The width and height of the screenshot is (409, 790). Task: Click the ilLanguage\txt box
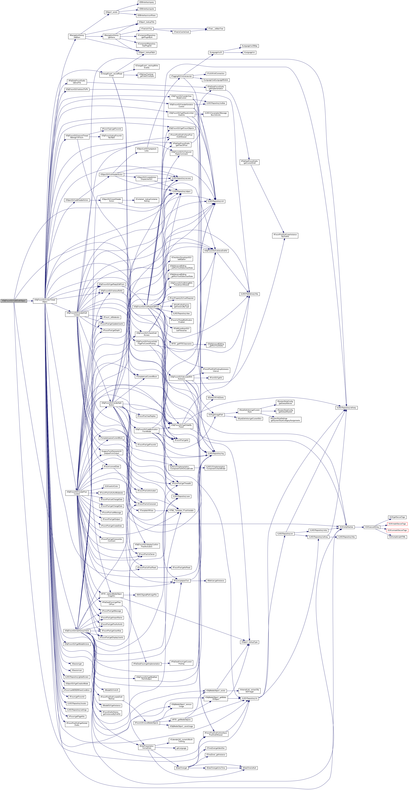click(250, 52)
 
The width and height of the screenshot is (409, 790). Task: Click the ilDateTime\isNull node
click(250, 768)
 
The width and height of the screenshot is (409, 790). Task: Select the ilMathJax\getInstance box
click(216, 581)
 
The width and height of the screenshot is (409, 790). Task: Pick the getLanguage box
click(182, 748)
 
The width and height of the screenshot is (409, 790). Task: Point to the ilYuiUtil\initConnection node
click(216, 74)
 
